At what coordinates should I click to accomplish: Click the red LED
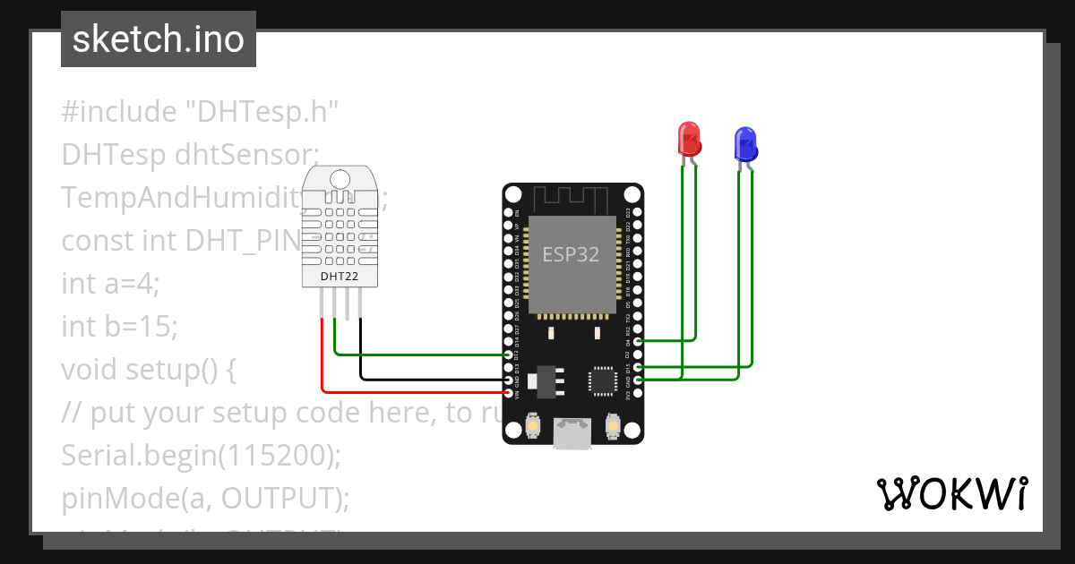[689, 139]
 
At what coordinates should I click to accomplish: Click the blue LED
[745, 142]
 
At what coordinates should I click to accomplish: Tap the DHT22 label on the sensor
[340, 277]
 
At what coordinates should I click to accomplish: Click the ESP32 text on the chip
[571, 254]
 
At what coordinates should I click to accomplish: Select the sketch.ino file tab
[159, 39]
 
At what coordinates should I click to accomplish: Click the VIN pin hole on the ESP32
[509, 392]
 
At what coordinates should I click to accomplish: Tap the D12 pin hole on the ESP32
[509, 355]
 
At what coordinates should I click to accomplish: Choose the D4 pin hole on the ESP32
[636, 341]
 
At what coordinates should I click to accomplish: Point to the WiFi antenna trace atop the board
[572, 199]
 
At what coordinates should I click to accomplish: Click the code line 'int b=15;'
[119, 327]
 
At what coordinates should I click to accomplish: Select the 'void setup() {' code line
[148, 369]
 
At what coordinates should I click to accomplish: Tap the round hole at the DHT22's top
[340, 178]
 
